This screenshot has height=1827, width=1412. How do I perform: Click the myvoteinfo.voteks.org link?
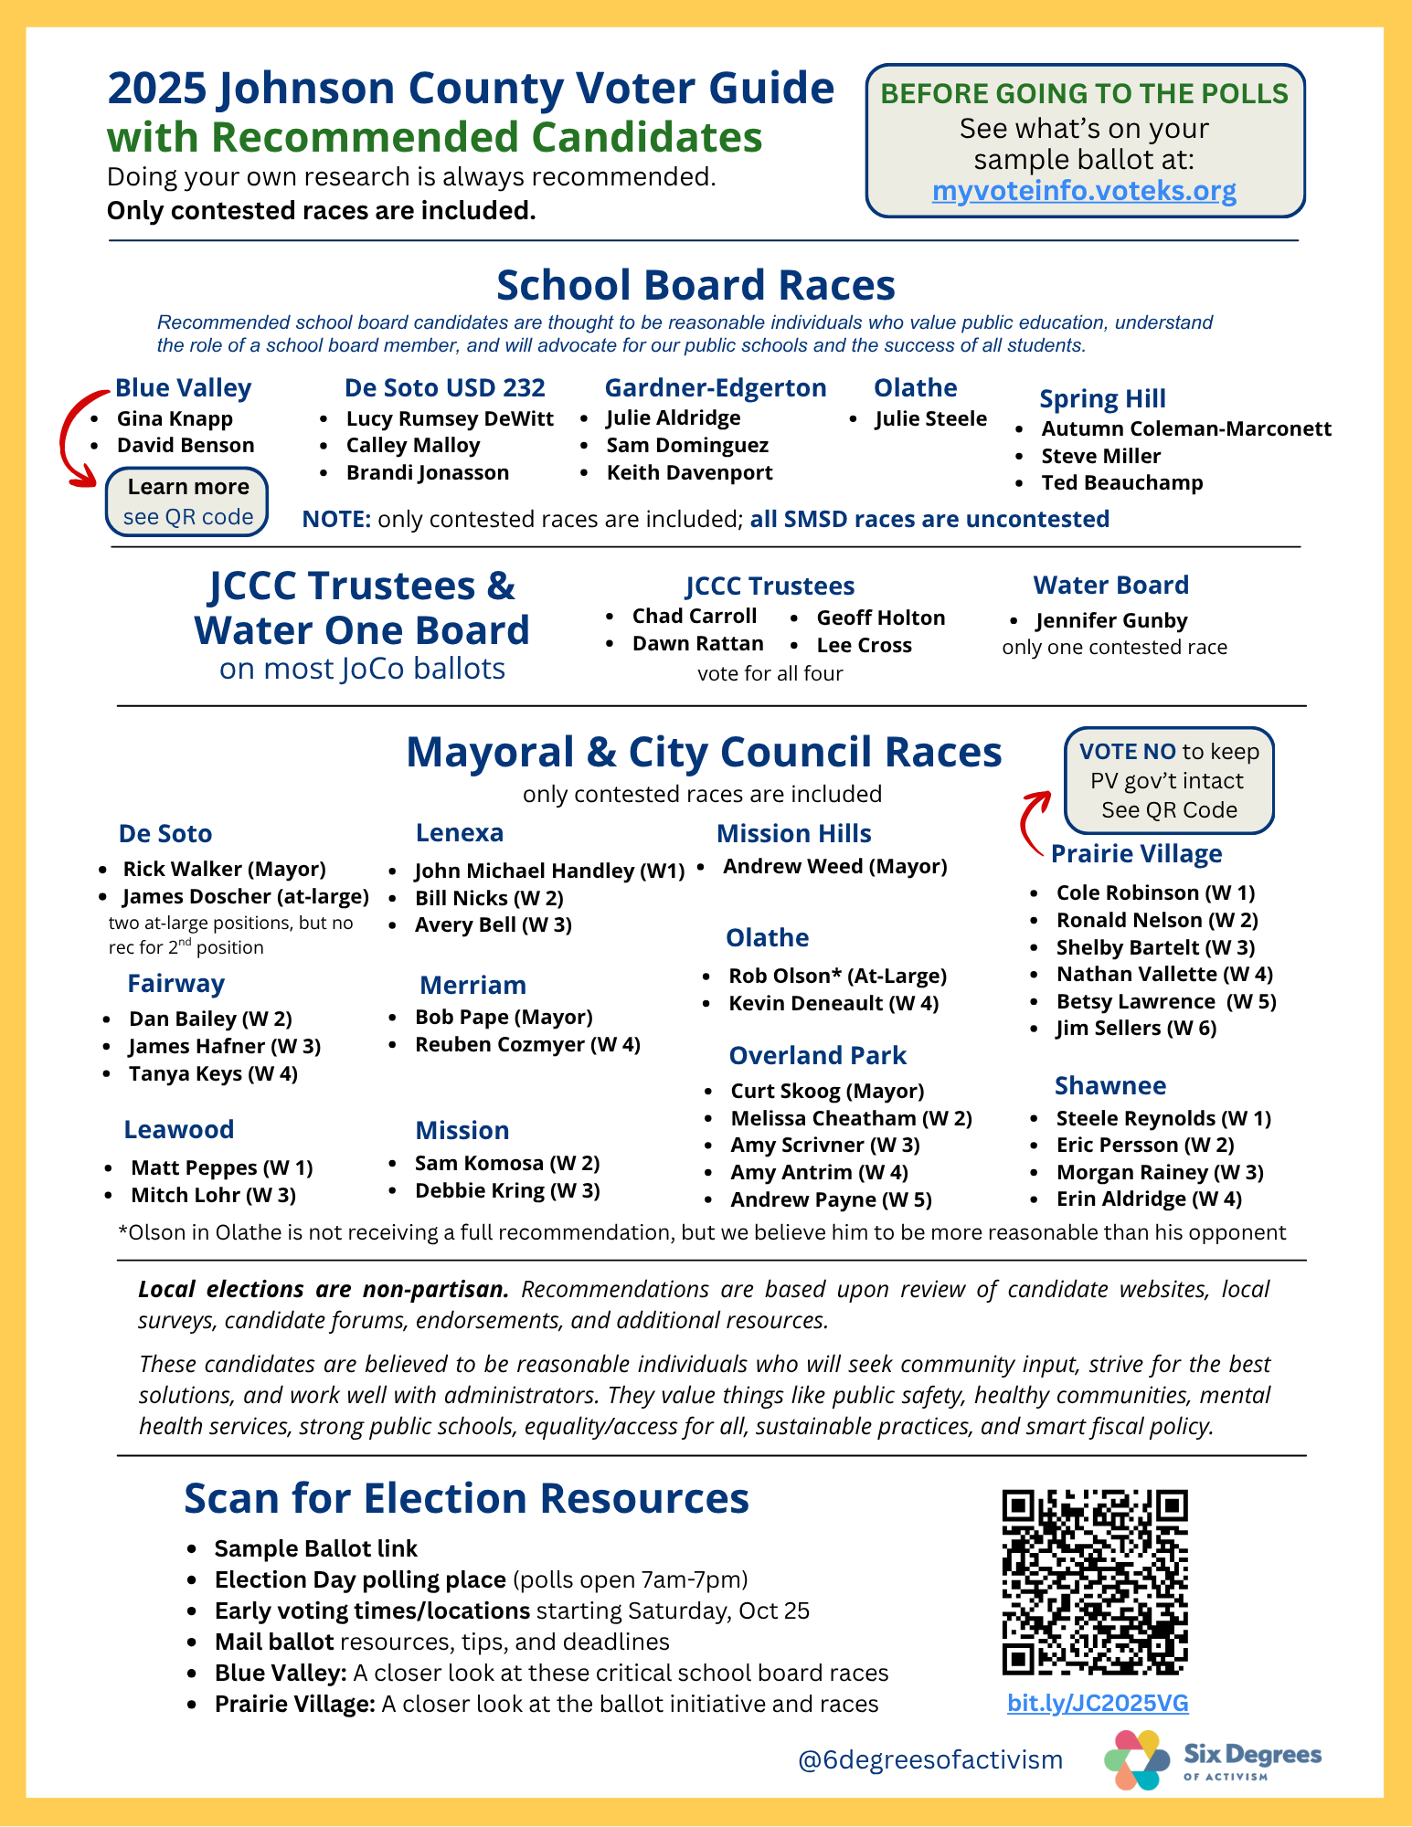click(x=1084, y=191)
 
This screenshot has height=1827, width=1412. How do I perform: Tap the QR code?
click(x=1095, y=1581)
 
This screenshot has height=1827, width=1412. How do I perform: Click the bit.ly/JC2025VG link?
click(x=1098, y=1703)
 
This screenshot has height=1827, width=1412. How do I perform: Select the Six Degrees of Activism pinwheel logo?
click(x=1136, y=1759)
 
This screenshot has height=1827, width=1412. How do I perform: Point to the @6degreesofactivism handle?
click(x=929, y=1759)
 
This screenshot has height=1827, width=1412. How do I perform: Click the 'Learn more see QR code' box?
click(x=187, y=502)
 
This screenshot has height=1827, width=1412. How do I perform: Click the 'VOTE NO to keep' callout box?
click(x=1169, y=780)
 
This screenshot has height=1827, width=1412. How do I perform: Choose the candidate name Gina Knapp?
click(x=175, y=418)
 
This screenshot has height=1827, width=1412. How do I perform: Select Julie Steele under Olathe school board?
click(x=930, y=418)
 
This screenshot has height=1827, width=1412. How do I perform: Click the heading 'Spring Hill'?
click(x=1102, y=398)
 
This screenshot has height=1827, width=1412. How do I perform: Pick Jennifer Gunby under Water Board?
click(x=1111, y=620)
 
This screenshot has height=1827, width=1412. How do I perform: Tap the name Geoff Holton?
click(x=880, y=618)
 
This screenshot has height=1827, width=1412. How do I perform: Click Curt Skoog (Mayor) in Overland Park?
click(x=827, y=1091)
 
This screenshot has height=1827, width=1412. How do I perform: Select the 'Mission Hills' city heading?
click(x=793, y=833)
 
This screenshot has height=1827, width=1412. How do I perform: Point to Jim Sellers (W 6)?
click(x=1136, y=1028)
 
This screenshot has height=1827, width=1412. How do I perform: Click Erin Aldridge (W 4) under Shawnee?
click(x=1149, y=1199)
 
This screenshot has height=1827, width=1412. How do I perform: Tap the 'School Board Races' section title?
click(x=695, y=285)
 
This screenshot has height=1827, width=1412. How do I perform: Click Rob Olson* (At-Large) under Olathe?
click(x=837, y=976)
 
